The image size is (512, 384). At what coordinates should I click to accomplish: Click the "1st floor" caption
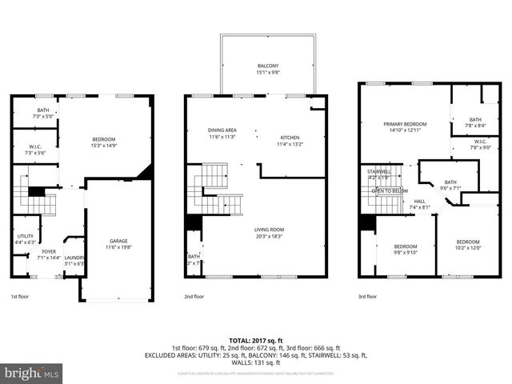[x=19, y=296]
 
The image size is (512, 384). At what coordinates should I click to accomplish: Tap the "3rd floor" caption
[x=367, y=296]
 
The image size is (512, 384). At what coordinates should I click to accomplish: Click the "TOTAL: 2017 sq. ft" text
[x=255, y=340]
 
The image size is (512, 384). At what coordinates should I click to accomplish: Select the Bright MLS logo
[x=32, y=373]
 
